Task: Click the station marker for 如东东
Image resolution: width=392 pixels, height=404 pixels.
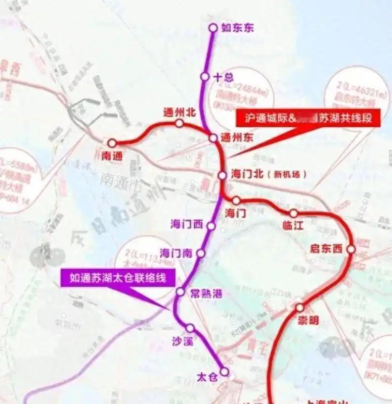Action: [x=213, y=28]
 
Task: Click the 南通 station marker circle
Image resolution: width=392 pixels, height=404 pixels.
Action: [x=112, y=143]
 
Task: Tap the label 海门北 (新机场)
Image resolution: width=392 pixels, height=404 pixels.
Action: [x=269, y=175]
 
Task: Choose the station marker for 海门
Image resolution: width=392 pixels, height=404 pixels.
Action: [x=236, y=200]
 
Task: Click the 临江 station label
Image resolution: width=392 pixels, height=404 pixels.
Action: [x=293, y=226]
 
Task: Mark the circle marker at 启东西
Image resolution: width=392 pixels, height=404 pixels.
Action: [x=352, y=249]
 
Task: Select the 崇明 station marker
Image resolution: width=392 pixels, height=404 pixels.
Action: [x=299, y=307]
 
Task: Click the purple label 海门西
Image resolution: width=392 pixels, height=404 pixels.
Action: [x=187, y=224]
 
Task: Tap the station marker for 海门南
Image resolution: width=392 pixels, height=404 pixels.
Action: [x=201, y=253]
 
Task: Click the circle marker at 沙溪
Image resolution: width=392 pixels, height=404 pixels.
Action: [x=190, y=328]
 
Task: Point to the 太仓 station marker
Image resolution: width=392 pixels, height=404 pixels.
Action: [x=224, y=372]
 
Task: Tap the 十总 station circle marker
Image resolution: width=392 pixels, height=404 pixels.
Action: [x=205, y=76]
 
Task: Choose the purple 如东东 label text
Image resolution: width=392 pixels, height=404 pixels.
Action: [x=237, y=28]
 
